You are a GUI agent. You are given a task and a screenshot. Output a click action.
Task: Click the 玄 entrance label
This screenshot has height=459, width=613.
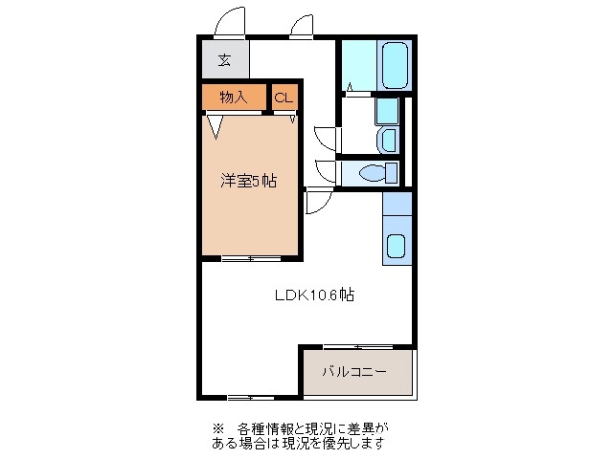(224, 60)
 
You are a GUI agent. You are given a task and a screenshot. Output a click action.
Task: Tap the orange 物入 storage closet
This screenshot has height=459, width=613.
(234, 97)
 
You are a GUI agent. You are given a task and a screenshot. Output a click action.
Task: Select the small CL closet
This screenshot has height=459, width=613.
(284, 98)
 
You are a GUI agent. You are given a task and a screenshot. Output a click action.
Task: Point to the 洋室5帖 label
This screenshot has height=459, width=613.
(249, 180)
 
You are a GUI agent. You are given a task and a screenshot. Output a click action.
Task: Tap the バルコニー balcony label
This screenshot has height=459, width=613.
(354, 372)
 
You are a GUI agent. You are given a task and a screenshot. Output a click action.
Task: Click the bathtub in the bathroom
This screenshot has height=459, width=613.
(394, 65)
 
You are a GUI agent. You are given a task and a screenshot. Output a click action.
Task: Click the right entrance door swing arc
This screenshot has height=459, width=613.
(303, 26)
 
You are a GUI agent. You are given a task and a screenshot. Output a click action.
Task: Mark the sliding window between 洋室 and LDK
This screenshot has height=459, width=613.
(251, 258)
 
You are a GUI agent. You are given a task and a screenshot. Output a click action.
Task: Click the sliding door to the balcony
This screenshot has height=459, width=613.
(357, 345)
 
